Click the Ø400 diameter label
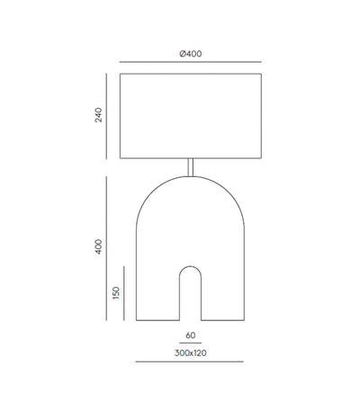click(x=191, y=54)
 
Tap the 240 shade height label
click(x=98, y=115)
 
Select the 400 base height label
click(x=98, y=246)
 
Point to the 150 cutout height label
click(x=116, y=293)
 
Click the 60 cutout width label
click(x=191, y=335)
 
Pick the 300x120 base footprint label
click(x=191, y=353)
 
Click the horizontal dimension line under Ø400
click(x=191, y=62)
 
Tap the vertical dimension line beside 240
click(x=106, y=116)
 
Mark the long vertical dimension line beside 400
click(x=106, y=248)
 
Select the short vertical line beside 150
click(x=124, y=293)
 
